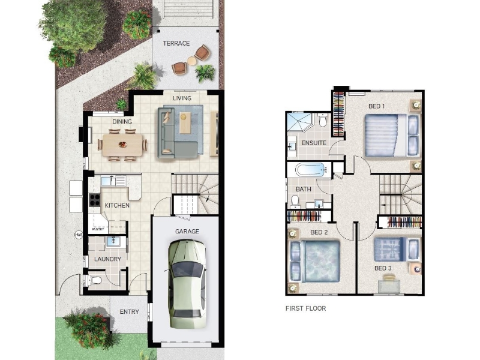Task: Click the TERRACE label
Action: pos(176,43)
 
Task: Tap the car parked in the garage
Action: pos(187,284)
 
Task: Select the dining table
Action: pos(123,145)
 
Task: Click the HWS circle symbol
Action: pos(78,235)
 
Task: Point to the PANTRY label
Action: pos(98,229)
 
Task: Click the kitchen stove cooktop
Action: pos(95,200)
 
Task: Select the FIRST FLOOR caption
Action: pos(305,308)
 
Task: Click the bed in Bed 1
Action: pos(392,136)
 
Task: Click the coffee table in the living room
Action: pos(185,123)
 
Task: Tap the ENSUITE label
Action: pos(314,143)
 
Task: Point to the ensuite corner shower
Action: pos(299,122)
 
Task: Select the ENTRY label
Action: pos(129,311)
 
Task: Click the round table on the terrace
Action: pos(192,61)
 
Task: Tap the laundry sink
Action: pos(112,242)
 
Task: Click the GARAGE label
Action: pos(187,232)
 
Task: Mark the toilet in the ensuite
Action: pos(323,121)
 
